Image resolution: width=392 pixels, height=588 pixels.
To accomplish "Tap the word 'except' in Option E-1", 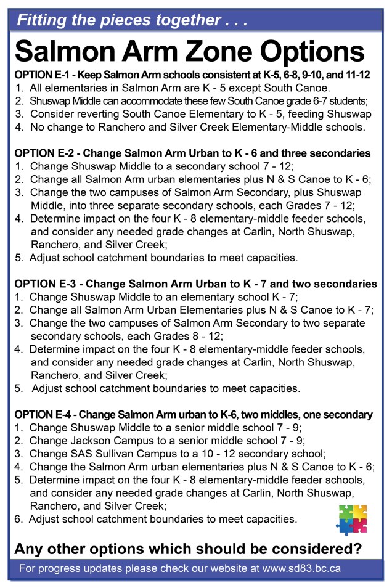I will (x=250, y=88).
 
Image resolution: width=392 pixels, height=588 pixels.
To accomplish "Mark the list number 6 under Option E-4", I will (x=18, y=519).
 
